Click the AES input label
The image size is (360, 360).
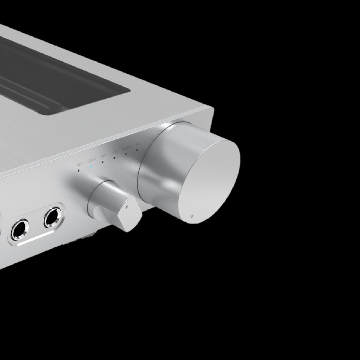click(79, 164)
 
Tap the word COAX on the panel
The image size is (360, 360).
click(91, 160)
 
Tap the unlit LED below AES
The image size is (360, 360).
click(79, 170)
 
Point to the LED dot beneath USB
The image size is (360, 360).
click(114, 158)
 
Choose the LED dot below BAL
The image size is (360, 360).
click(137, 150)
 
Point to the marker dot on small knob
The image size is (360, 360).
click(126, 206)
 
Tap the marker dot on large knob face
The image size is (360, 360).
click(192, 216)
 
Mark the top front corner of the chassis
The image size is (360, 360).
click(210, 107)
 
